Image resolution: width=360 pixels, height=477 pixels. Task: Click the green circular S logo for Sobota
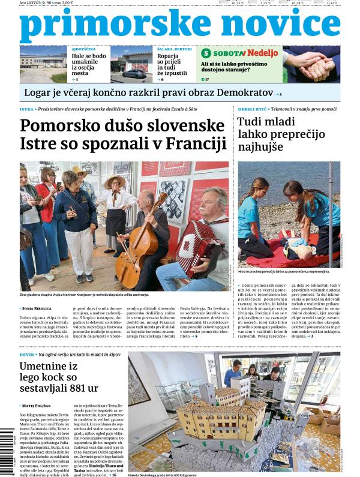(x=206, y=53)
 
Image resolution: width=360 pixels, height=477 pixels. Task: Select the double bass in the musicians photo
(x=139, y=246)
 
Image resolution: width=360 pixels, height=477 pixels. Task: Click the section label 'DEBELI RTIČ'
(x=250, y=109)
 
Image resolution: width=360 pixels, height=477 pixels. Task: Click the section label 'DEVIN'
(x=26, y=355)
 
